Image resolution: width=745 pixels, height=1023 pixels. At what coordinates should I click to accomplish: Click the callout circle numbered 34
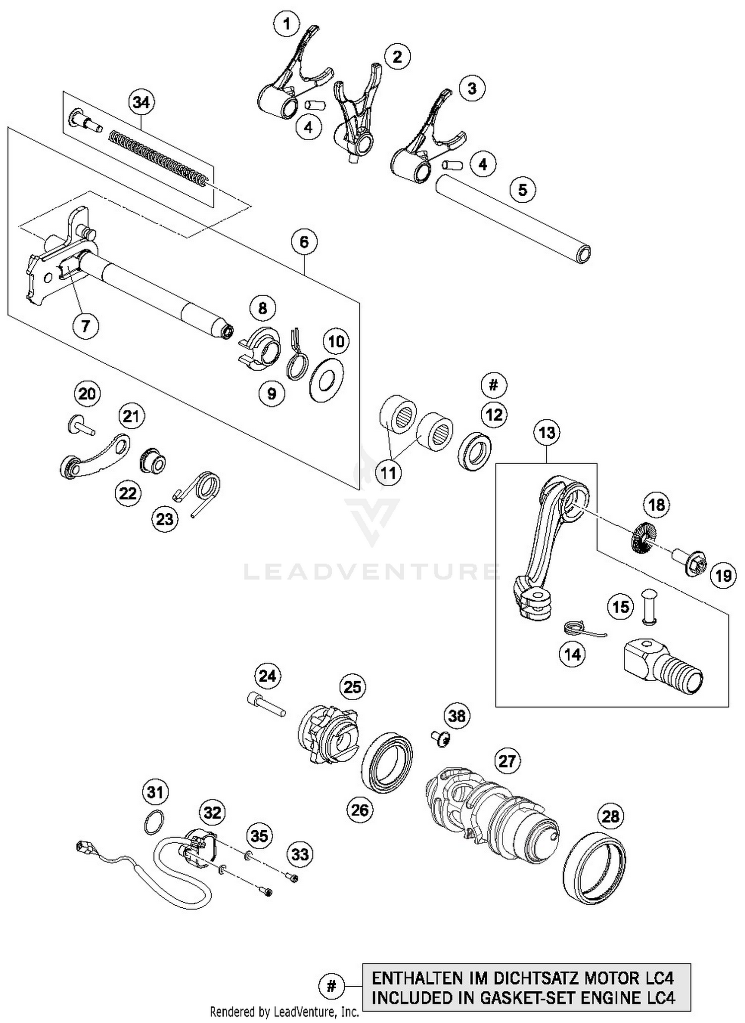[x=141, y=102]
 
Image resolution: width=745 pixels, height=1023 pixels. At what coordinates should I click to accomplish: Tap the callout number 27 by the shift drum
[x=507, y=761]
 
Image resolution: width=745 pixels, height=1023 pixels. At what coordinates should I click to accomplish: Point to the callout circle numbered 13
[x=547, y=432]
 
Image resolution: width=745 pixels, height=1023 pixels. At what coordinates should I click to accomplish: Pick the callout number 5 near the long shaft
[x=522, y=190]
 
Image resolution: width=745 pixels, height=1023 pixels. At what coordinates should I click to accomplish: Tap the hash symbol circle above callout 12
[x=493, y=385]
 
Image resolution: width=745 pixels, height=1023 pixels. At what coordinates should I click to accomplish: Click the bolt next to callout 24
[x=266, y=705]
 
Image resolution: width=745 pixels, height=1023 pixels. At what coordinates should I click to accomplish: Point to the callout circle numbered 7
[x=85, y=326]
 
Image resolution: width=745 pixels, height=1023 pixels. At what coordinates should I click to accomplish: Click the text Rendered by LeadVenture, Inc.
[x=284, y=1011]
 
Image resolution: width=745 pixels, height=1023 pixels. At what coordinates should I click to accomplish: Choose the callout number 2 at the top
[x=397, y=57]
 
